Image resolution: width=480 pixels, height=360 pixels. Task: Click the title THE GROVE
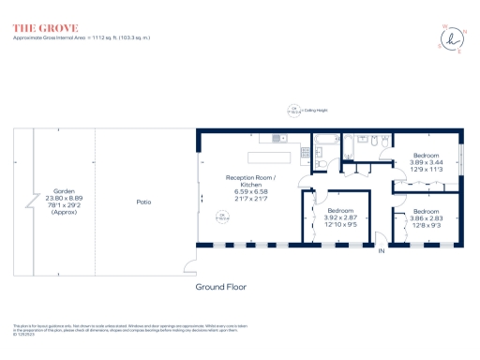[45, 28]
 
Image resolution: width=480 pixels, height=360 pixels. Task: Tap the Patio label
[144, 202]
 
